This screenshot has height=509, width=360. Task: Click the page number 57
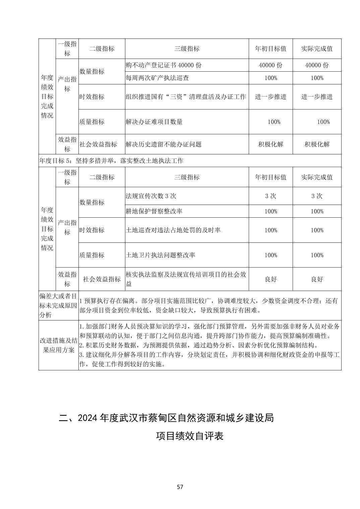tap(180, 487)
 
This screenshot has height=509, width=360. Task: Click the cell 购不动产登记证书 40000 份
tap(164, 65)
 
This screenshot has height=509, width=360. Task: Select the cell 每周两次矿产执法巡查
tap(157, 78)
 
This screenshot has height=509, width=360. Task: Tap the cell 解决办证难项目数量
tap(154, 122)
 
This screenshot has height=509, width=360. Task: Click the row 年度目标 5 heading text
tap(111, 161)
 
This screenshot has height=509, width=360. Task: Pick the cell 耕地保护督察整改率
tap(154, 211)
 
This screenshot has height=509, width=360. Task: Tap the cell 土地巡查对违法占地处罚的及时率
tap(173, 230)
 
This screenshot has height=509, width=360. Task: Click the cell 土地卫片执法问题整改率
tap(160, 255)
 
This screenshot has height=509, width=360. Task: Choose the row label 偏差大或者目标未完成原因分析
tap(58, 305)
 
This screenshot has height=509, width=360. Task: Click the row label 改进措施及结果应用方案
tap(58, 345)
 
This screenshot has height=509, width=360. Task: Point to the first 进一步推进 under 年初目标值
tap(271, 97)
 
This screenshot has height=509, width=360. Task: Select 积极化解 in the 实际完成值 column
tap(317, 144)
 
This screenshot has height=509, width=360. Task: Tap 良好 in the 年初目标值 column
tap(271, 279)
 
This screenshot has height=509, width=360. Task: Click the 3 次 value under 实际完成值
tap(317, 196)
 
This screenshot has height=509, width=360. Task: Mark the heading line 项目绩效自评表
tap(190, 436)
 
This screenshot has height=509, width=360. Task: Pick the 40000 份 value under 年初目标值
tap(271, 65)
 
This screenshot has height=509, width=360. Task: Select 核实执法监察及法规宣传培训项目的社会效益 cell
tap(186, 279)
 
